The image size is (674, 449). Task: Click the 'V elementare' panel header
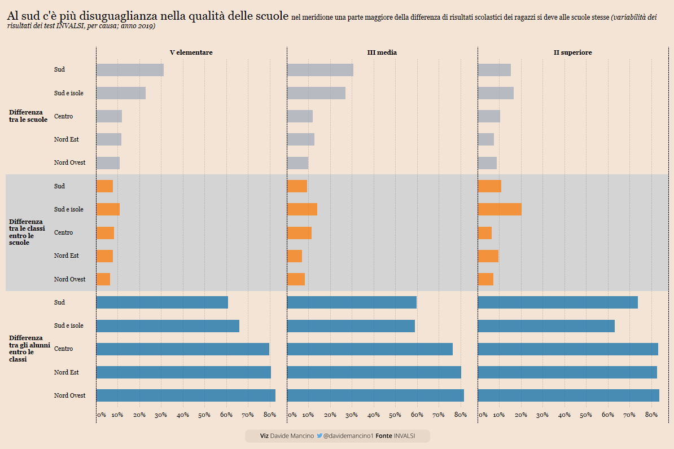click(x=191, y=52)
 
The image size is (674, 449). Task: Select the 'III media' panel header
click(x=382, y=52)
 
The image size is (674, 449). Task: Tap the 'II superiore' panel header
click(x=572, y=52)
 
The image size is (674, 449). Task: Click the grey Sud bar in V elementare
click(x=130, y=70)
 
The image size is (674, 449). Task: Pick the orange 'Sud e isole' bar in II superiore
click(x=500, y=209)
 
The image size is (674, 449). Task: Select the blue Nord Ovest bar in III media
click(x=375, y=395)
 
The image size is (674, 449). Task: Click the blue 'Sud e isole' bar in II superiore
click(x=546, y=326)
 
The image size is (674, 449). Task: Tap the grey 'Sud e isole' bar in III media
click(x=316, y=93)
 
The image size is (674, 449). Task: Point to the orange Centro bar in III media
click(x=299, y=232)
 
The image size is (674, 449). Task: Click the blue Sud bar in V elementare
click(x=162, y=302)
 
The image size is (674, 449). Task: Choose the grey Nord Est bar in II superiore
click(x=486, y=139)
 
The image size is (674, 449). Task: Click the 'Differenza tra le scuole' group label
click(x=28, y=116)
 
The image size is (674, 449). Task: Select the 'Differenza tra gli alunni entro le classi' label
click(x=29, y=349)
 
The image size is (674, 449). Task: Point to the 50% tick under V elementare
click(x=204, y=415)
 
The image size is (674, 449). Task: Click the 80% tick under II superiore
click(x=651, y=415)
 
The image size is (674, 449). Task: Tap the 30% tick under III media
click(x=352, y=415)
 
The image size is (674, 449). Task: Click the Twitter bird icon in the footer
click(x=320, y=436)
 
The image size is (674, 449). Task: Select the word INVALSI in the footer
click(x=404, y=436)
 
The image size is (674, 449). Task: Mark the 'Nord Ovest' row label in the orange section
click(x=69, y=279)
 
